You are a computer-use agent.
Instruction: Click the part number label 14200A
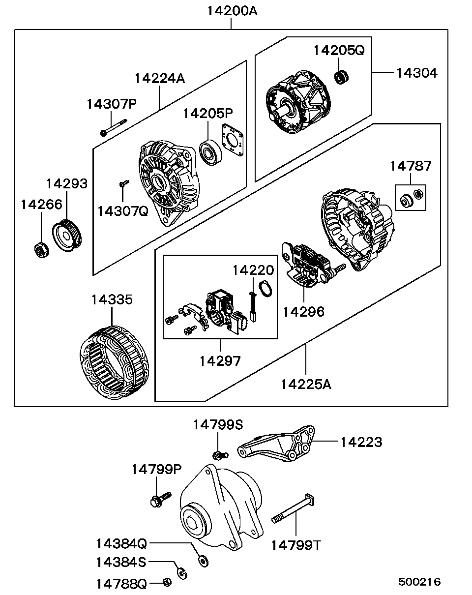click(231, 11)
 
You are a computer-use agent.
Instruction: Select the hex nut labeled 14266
click(41, 250)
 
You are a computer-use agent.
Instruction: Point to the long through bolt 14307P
click(113, 126)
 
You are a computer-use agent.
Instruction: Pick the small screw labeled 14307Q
click(123, 183)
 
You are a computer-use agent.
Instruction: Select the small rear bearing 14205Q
click(341, 76)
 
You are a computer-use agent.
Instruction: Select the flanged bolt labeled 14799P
click(160, 499)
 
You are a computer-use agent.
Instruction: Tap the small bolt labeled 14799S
click(219, 455)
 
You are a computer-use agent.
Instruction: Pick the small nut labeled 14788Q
click(167, 582)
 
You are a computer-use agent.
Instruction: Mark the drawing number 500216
click(419, 582)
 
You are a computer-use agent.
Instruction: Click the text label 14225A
click(306, 384)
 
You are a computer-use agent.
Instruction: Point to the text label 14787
click(411, 166)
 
